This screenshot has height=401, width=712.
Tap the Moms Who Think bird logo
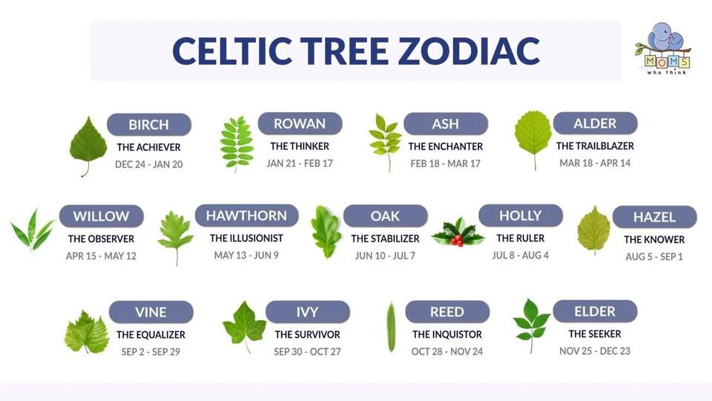[x=663, y=49]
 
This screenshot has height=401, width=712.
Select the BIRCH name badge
[x=149, y=125]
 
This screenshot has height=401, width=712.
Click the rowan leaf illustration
[x=237, y=143]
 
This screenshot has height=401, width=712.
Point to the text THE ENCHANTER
[x=446, y=146]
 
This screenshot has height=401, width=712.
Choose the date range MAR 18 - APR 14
[x=595, y=163]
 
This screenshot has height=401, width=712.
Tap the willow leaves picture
[x=32, y=230]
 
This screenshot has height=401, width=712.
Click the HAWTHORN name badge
[x=246, y=215]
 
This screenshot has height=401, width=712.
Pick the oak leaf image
[x=326, y=232]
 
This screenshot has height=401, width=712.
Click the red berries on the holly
[x=457, y=240]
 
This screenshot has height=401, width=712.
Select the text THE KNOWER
[x=654, y=240]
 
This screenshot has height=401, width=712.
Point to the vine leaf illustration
[x=86, y=333]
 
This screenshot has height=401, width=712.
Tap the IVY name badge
[x=307, y=312]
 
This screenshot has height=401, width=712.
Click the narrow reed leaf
[x=391, y=327]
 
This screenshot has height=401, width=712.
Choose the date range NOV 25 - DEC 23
[x=595, y=351]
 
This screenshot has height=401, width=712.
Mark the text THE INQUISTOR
[x=447, y=335]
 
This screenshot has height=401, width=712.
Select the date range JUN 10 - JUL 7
[x=385, y=255]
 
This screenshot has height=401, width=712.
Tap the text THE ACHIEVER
[x=149, y=147]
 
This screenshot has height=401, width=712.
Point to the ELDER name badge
[x=595, y=311]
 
